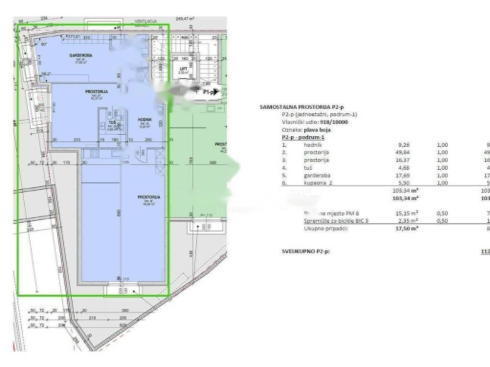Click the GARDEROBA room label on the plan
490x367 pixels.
point(80,55)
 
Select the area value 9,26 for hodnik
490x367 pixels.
point(405,145)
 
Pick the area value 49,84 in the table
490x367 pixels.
point(404,152)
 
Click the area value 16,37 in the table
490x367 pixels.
point(404,160)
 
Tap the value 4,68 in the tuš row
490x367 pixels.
point(405,168)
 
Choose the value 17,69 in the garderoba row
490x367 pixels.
point(404,175)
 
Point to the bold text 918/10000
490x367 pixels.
point(335,122)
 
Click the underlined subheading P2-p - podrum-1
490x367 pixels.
point(303,137)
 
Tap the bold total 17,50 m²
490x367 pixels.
point(405,228)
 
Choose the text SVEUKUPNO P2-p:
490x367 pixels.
point(306,251)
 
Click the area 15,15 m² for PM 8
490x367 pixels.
point(406,213)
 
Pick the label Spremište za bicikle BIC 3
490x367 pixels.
point(336,221)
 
